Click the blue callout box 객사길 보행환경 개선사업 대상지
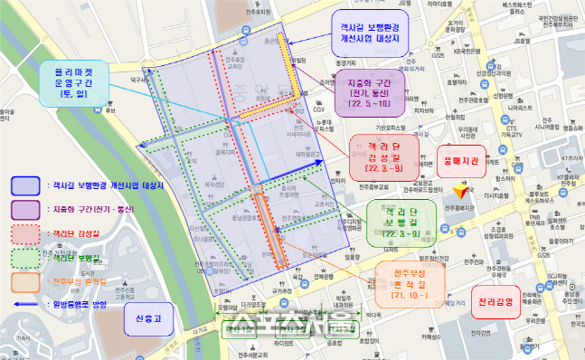372,33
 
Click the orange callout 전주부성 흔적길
412,279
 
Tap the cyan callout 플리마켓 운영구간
71,81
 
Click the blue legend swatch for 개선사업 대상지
24,185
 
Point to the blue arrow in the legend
24,304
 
